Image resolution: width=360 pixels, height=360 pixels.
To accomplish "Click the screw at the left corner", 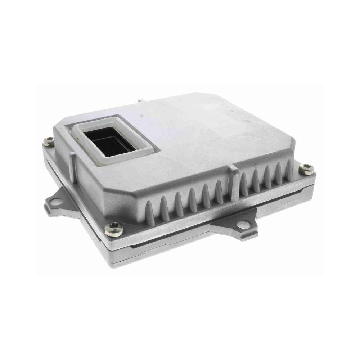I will click(49, 141).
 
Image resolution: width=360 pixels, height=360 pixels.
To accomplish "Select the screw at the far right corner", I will click(306, 168).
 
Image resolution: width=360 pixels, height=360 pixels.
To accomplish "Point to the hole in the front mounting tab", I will click(243, 225).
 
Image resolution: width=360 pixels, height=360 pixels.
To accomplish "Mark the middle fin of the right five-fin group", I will click(267, 176).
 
